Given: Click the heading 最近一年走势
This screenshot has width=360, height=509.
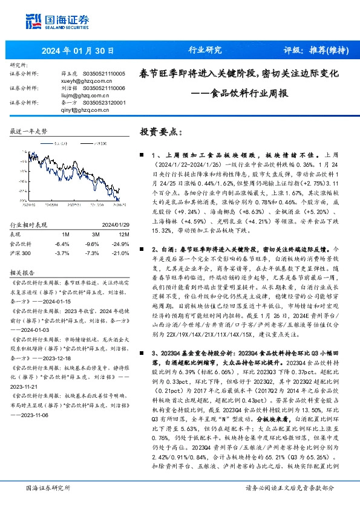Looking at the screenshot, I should tap(30, 131).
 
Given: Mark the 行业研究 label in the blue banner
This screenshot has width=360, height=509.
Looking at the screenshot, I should tap(205, 50).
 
